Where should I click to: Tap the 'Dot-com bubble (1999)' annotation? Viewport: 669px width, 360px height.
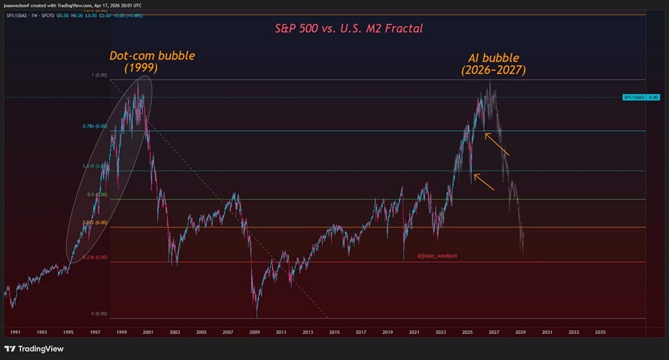tap(153, 62)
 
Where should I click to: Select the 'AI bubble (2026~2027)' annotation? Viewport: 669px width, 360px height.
tap(494, 64)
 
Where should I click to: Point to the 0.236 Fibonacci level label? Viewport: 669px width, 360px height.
tap(96, 257)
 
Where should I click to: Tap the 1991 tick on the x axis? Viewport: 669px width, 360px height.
tap(15, 332)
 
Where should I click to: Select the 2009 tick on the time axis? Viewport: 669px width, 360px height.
tap(254, 332)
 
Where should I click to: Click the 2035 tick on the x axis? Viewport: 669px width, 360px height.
tap(600, 332)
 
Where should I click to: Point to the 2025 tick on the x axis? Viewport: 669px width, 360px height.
tap(467, 332)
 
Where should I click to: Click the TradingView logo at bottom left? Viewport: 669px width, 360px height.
tap(30, 349)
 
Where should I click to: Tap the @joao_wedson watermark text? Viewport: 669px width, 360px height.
tap(438, 256)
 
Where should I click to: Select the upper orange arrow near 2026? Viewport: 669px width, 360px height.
tap(497, 145)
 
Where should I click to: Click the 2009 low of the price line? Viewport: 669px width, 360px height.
tap(257, 316)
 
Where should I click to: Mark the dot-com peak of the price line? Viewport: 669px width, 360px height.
tap(139, 81)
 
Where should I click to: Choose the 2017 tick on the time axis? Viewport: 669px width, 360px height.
tap(361, 332)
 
